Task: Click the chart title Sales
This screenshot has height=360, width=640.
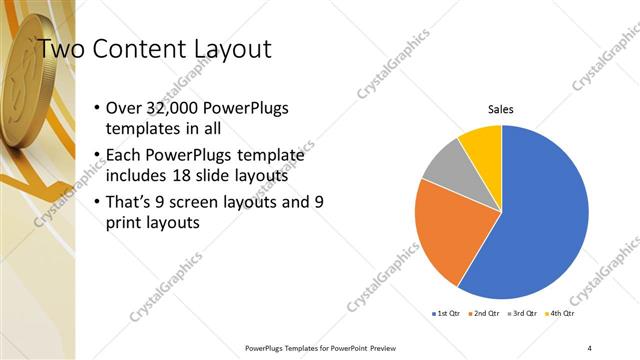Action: coord(501,110)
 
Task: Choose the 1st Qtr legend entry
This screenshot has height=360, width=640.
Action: coord(445,313)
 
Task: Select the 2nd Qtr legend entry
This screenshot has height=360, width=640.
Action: coord(484,313)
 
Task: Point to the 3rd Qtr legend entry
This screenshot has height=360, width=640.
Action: coord(523,313)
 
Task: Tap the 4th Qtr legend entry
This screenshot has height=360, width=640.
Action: coord(561,313)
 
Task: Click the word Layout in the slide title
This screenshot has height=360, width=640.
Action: coord(220,49)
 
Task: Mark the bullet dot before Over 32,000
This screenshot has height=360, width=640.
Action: coord(96,108)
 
